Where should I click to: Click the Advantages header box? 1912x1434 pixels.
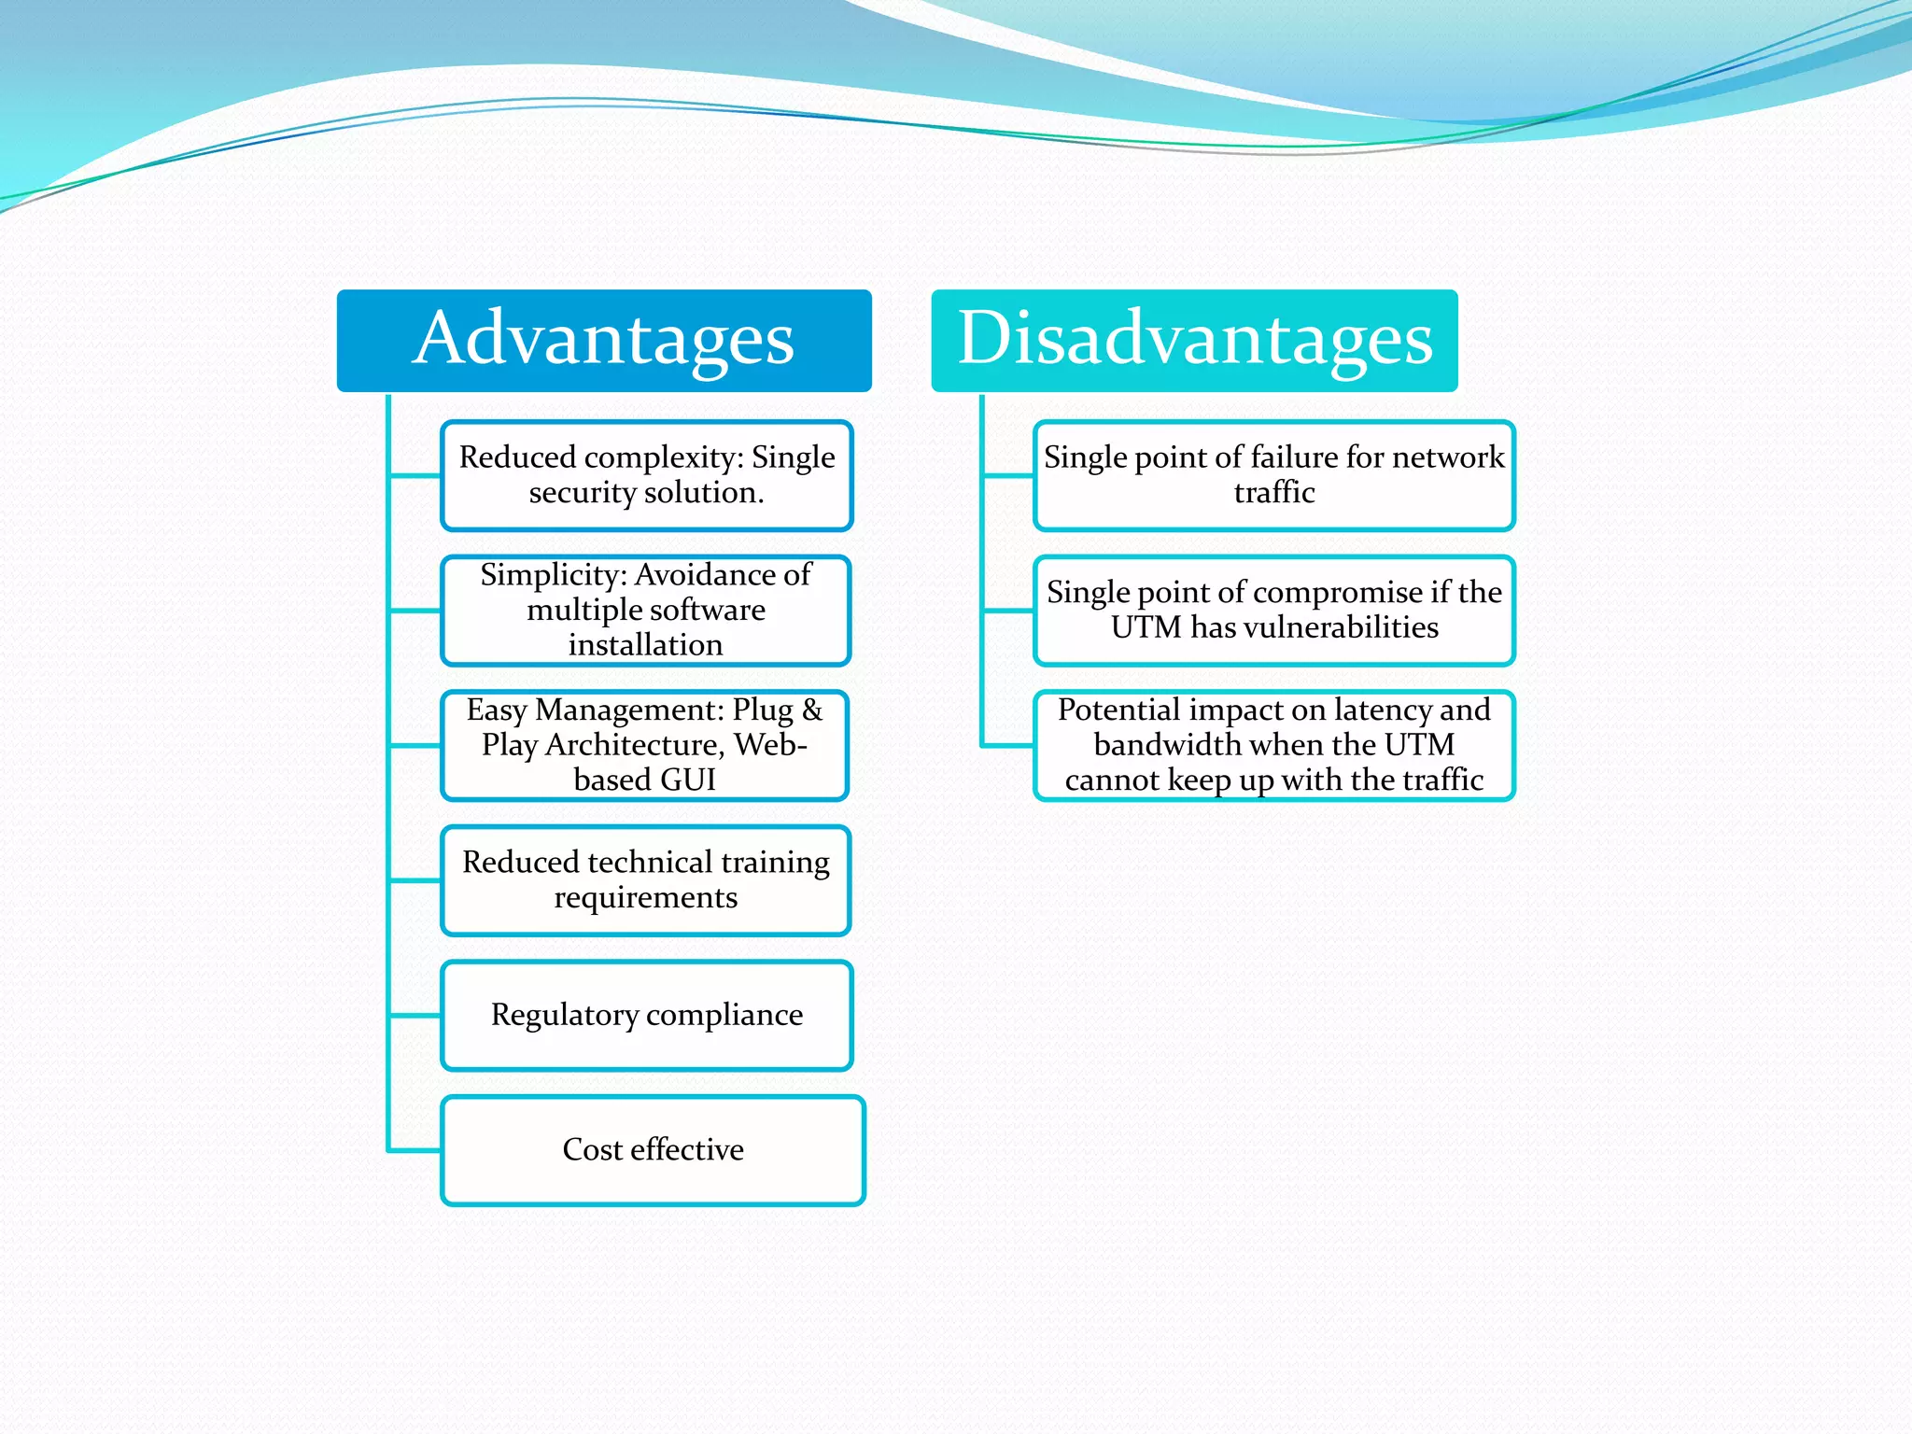click(604, 341)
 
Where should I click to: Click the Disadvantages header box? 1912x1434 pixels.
click(1194, 341)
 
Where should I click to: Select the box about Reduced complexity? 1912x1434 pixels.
click(646, 475)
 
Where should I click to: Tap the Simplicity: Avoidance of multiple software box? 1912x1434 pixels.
click(646, 611)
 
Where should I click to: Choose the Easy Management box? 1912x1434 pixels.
click(645, 745)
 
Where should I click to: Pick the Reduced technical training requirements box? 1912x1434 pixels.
click(646, 880)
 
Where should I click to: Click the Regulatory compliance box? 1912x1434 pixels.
click(646, 1015)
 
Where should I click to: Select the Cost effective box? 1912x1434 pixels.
click(653, 1150)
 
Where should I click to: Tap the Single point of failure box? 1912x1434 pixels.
click(1273, 475)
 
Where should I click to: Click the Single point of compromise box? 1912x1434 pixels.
click(1273, 611)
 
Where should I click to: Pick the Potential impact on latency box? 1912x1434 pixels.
click(1273, 745)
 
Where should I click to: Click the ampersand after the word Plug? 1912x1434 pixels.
click(811, 710)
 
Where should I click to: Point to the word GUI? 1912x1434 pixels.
click(687, 780)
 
